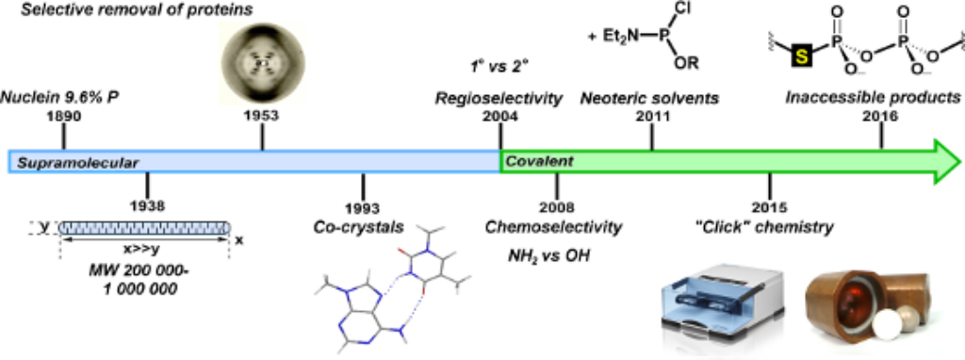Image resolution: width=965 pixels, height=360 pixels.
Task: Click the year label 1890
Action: click(x=62, y=117)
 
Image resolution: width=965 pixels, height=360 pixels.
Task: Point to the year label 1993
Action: click(x=362, y=208)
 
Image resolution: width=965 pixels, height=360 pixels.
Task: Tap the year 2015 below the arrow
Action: click(x=768, y=207)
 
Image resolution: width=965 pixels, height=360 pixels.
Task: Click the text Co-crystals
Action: click(x=361, y=227)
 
